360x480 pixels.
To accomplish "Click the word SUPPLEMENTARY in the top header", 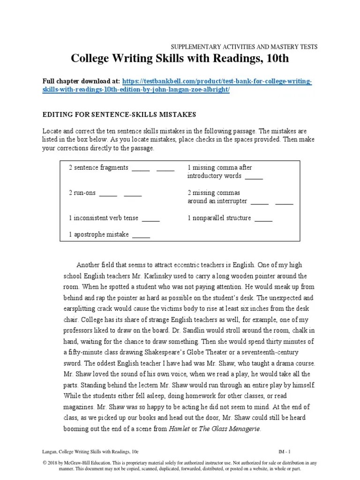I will pos(189,46).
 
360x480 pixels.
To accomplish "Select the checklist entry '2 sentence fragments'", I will pos(98,168).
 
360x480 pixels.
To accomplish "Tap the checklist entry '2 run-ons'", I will pos(82,193).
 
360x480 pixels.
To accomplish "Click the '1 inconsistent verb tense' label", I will pos(103,218).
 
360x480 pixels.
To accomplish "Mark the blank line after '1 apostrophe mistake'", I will pos(141,235).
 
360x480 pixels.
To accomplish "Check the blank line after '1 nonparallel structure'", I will pos(263,218).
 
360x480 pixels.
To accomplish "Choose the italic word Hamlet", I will pos(180,428).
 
